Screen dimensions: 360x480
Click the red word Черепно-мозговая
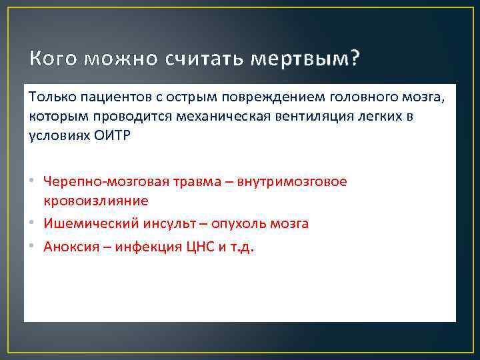(x=101, y=181)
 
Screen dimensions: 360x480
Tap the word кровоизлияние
(x=96, y=200)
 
